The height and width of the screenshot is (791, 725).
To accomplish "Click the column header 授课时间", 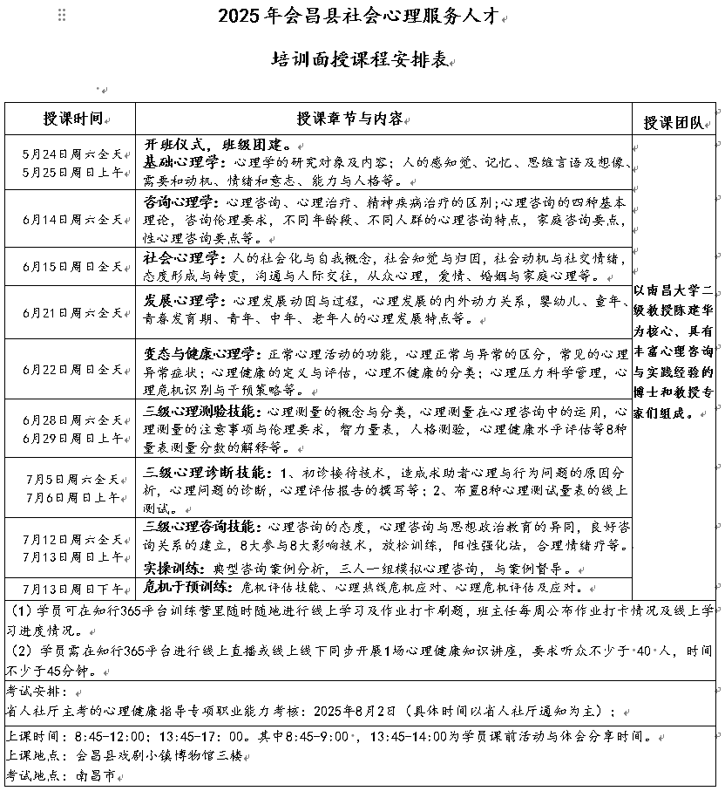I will coord(73,119).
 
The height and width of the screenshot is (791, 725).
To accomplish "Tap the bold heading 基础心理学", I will coord(180,162).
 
